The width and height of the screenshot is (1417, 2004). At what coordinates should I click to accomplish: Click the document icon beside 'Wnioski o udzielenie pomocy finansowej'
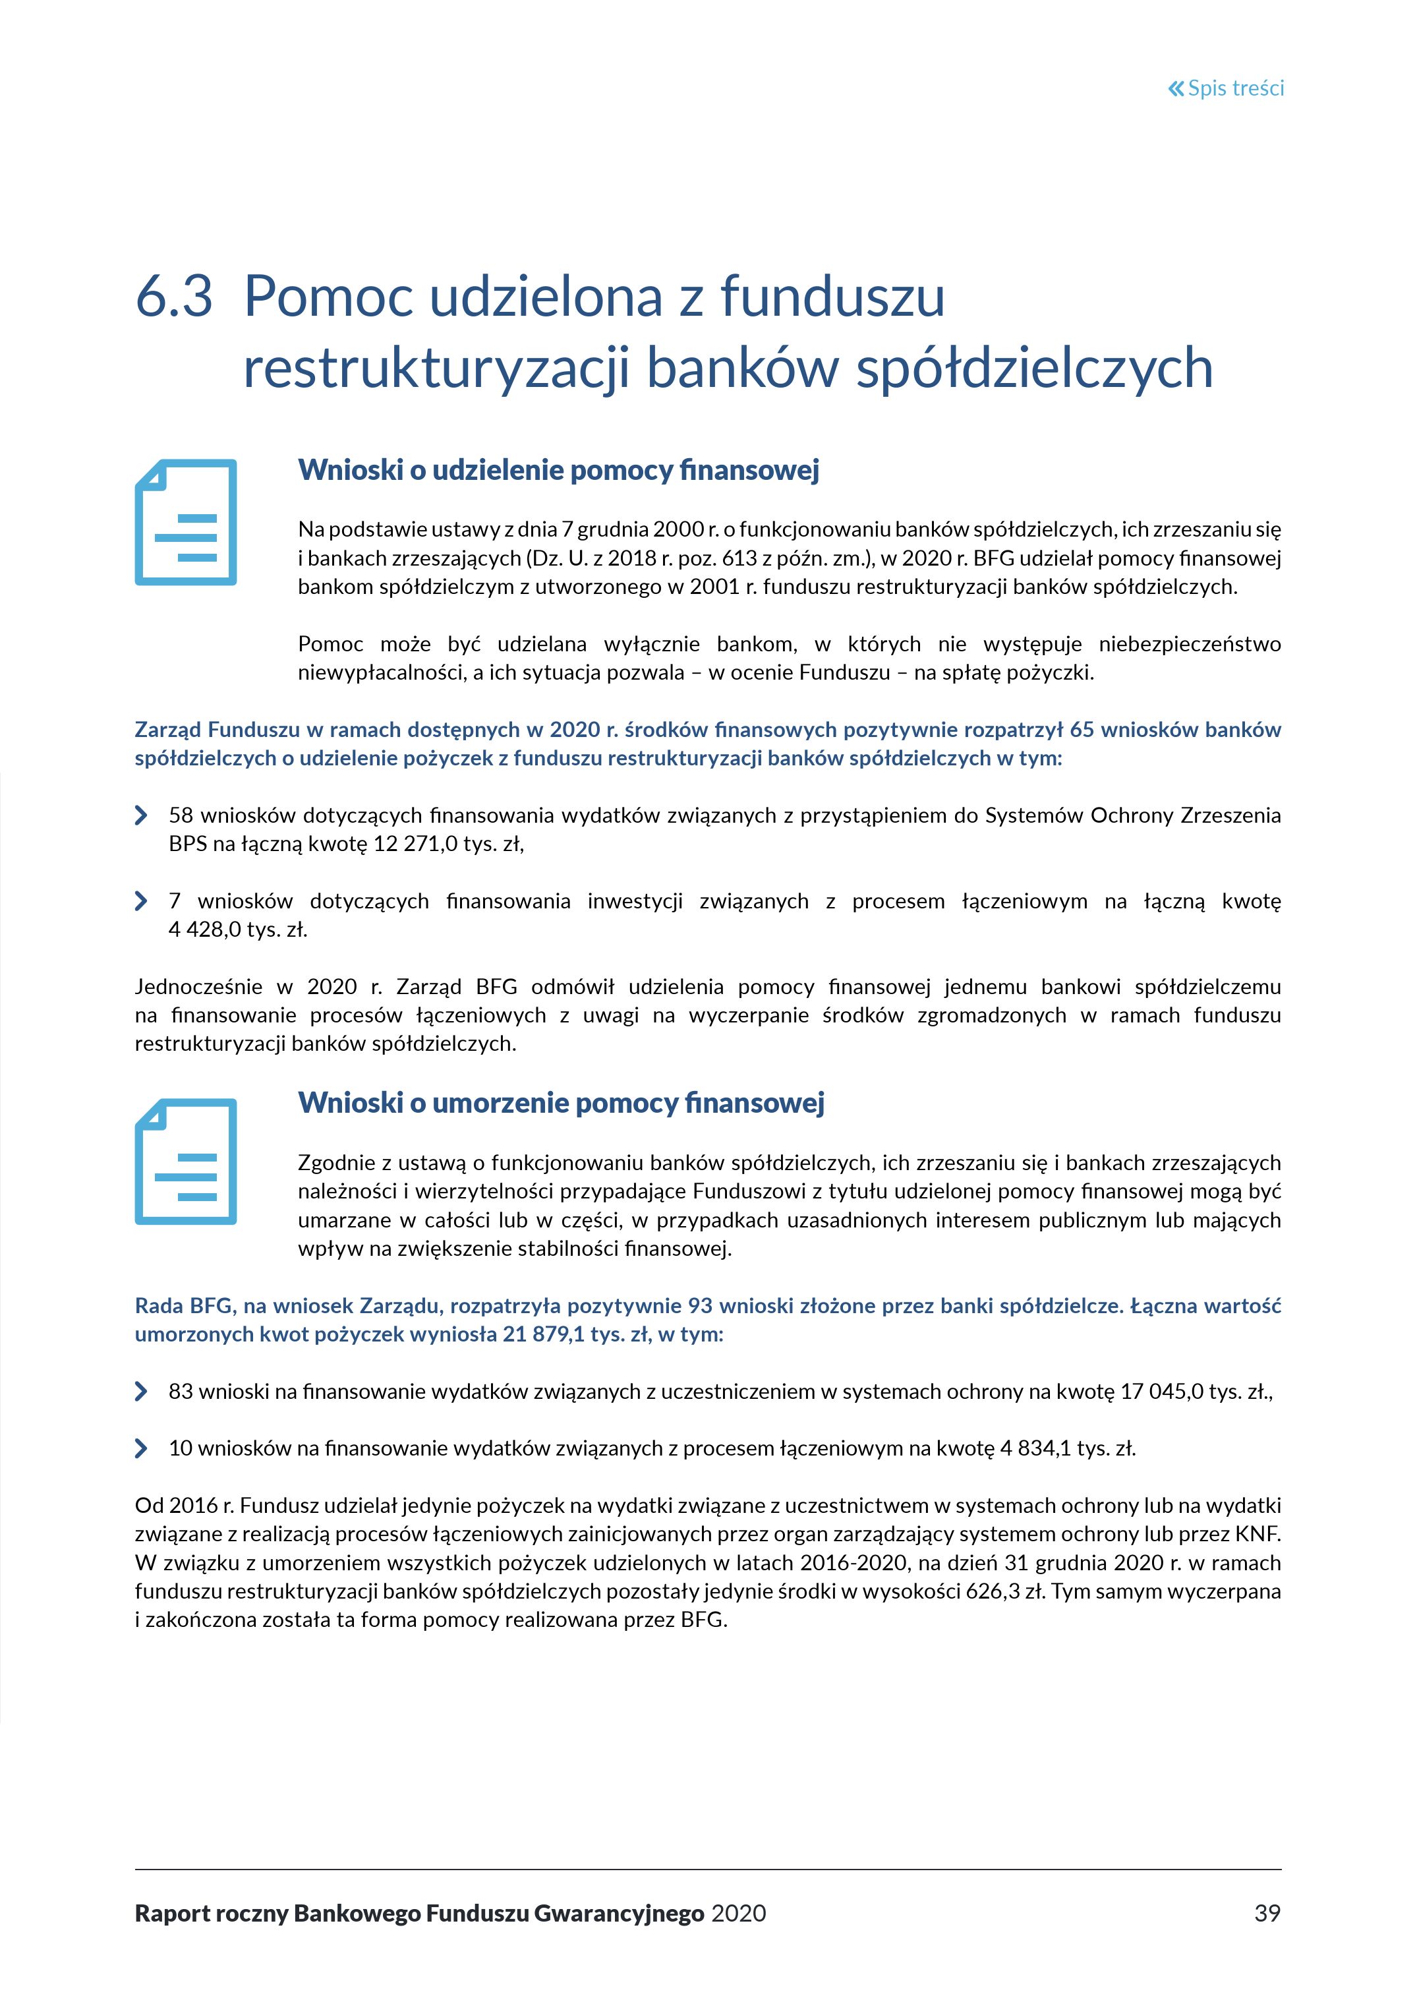186,522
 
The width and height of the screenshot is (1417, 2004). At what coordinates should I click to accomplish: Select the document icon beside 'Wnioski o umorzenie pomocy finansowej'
186,1161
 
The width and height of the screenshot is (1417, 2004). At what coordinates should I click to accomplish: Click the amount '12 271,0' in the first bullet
409,844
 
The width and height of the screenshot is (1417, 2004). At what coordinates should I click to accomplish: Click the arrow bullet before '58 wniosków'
141,815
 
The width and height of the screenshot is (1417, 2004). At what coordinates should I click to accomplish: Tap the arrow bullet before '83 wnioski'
141,1392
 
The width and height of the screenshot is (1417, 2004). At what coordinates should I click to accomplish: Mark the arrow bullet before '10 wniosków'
141,1448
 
